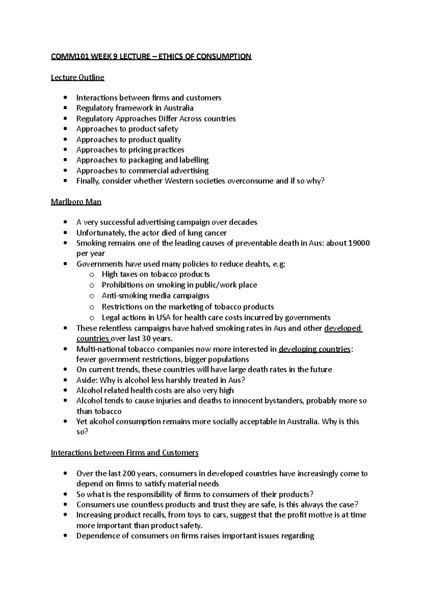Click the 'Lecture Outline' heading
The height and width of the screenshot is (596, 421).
pos(78,77)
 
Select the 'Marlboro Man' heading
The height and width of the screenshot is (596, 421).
pos(76,202)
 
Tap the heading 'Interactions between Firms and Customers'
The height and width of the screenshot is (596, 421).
pos(125,452)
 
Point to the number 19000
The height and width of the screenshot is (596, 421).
pos(359,243)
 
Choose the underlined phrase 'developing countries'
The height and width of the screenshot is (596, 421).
pos(314,349)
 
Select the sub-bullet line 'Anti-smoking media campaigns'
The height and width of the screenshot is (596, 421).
pos(155,296)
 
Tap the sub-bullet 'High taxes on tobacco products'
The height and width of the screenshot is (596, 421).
pos(156,274)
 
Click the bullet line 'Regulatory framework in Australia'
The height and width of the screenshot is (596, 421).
pos(135,108)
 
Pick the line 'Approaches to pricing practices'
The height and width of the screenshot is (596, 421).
pos(130,150)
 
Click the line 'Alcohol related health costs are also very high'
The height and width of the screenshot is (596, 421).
pos(155,390)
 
